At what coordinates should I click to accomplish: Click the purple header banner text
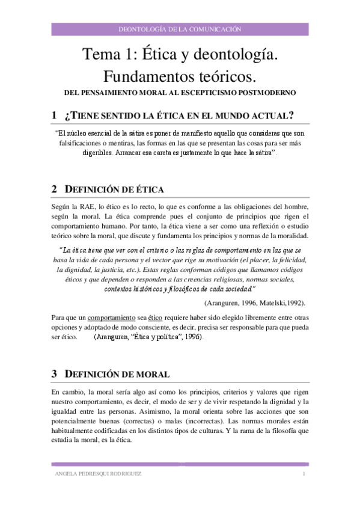[180, 28]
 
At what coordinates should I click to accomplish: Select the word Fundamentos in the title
[149, 78]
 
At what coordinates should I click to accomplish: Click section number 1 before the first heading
[54, 115]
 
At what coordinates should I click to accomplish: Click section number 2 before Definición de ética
[54, 189]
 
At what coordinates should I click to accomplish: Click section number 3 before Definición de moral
[54, 373]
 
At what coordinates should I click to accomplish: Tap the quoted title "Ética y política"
[167, 337]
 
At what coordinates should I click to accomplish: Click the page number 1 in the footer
[304, 475]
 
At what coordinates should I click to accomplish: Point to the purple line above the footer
[180, 464]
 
